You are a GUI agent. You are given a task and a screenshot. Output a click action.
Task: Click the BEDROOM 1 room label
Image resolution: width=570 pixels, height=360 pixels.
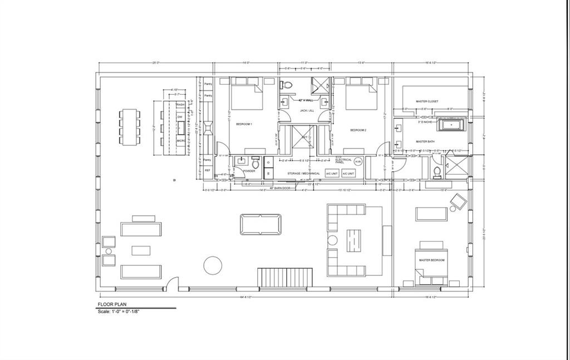[244, 125]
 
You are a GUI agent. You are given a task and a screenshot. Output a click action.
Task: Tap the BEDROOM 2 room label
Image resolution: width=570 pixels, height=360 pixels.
[358, 130]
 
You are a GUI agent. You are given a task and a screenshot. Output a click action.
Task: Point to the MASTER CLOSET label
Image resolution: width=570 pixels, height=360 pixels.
[427, 101]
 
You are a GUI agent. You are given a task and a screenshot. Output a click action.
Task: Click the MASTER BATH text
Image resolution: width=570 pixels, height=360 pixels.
[425, 141]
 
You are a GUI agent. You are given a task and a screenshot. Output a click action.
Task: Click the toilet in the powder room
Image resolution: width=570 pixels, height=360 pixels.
[255, 164]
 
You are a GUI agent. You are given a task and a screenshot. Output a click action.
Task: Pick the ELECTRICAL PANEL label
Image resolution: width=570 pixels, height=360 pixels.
[343, 161]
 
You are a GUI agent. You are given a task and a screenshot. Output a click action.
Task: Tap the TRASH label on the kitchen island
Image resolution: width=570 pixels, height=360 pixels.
[180, 105]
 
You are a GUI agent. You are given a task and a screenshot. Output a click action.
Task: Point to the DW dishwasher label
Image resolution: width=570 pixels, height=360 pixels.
[180, 117]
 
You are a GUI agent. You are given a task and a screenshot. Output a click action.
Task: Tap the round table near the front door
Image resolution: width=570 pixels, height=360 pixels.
[213, 265]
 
